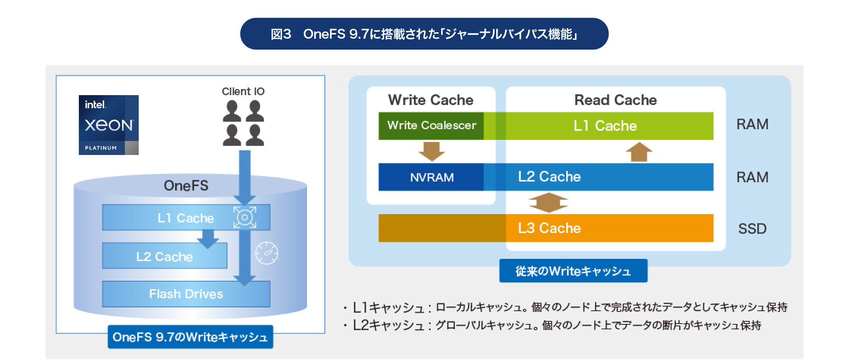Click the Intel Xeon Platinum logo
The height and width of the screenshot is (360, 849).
click(x=108, y=125)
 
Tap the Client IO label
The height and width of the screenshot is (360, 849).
click(x=243, y=91)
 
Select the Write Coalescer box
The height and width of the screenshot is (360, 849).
click(x=431, y=125)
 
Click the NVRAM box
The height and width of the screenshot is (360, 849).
click(x=431, y=177)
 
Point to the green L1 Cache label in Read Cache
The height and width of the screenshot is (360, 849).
click(x=605, y=125)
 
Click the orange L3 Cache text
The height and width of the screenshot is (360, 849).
click(x=549, y=228)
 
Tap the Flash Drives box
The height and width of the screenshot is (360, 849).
click(x=186, y=294)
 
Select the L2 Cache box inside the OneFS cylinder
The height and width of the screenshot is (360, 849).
click(x=164, y=256)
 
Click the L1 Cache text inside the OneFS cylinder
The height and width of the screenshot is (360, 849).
click(x=186, y=218)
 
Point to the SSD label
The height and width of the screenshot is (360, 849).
click(x=752, y=229)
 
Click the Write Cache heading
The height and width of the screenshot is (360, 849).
click(x=431, y=100)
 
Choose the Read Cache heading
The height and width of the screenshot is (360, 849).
click(x=616, y=100)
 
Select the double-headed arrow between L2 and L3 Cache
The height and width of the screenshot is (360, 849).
click(x=548, y=202)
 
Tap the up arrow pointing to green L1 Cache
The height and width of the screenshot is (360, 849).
click(x=639, y=152)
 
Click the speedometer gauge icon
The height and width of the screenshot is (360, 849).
click(x=267, y=253)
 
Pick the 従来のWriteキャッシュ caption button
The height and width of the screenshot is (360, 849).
click(x=573, y=271)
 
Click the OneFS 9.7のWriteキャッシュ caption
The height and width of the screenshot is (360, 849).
click(x=190, y=337)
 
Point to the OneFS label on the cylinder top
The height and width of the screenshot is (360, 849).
click(x=186, y=186)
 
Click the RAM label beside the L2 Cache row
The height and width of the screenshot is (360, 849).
click(x=752, y=177)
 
